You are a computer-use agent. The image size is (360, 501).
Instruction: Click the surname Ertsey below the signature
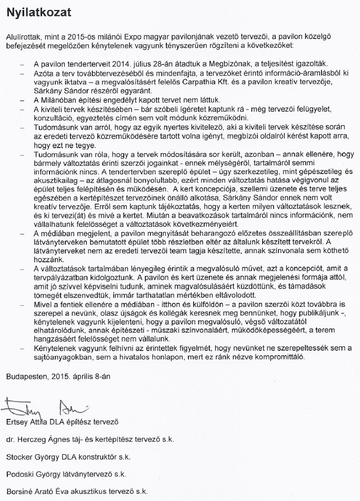[x=18, y=422]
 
